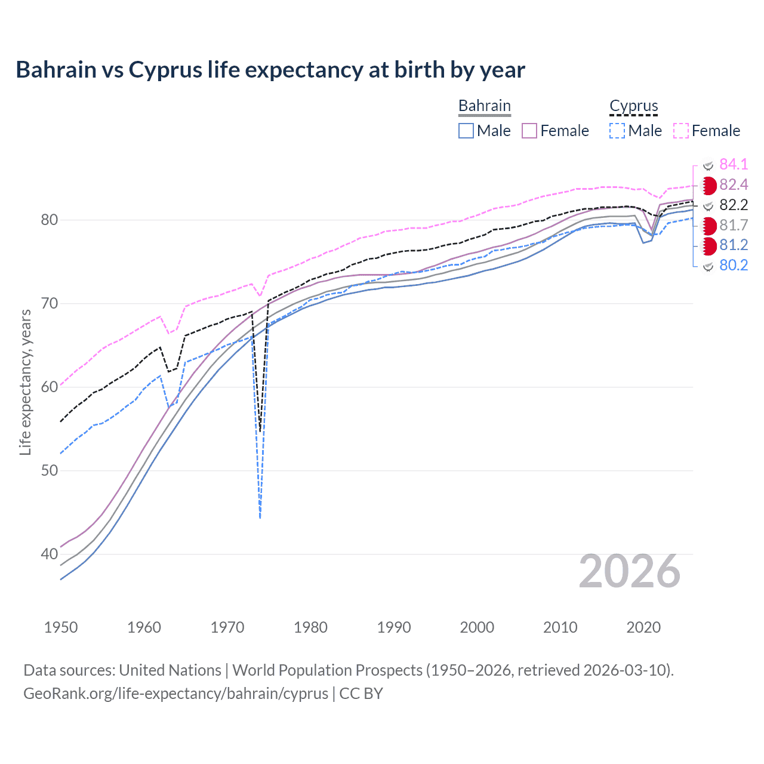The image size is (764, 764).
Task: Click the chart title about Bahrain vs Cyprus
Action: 270,70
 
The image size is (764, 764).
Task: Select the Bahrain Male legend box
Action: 466,131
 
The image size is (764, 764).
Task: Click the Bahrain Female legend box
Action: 529,131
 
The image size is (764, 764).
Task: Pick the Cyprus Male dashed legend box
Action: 617,131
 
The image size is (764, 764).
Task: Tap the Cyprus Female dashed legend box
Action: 681,131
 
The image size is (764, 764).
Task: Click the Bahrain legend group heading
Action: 484,106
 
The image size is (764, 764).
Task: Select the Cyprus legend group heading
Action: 633,106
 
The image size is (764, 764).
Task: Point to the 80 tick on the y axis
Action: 50,220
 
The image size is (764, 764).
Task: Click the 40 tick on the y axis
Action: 50,554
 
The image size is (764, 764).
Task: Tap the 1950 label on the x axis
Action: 61,627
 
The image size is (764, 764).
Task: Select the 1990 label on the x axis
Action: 394,627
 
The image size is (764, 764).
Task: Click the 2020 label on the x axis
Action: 643,627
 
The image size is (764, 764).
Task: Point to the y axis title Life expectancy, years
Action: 25,382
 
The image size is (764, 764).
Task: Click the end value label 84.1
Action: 734,165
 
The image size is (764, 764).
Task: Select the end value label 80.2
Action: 734,266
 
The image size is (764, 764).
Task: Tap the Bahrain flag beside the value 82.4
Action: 708,186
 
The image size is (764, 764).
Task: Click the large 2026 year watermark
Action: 629,572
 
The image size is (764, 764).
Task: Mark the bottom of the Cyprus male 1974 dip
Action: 260,517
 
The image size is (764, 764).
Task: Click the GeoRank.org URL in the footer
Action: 175,694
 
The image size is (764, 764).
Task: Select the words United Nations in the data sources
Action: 170,670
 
